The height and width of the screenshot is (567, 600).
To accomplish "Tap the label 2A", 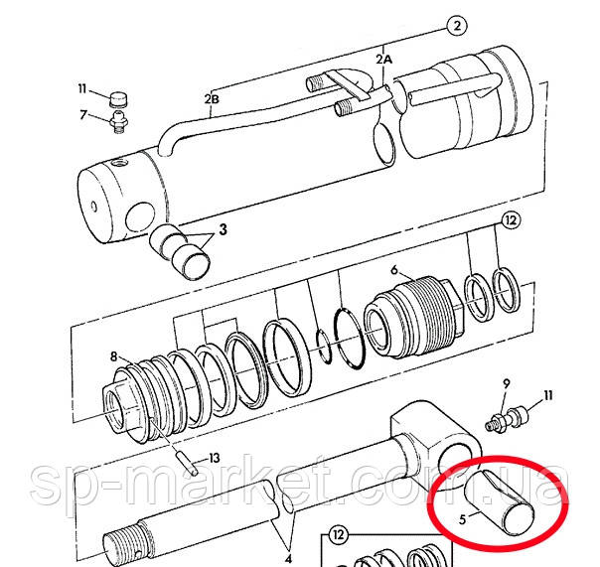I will [384, 61].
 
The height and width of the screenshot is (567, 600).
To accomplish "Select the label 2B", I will [211, 98].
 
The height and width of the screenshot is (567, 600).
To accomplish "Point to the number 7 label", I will [83, 116].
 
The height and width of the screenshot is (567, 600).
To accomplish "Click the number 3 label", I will [223, 229].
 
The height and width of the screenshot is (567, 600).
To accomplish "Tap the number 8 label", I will [114, 355].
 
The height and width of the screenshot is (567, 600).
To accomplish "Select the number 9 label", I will [506, 383].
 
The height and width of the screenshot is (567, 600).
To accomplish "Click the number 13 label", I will [215, 458].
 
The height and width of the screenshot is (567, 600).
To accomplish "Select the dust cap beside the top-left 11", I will [119, 99].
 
